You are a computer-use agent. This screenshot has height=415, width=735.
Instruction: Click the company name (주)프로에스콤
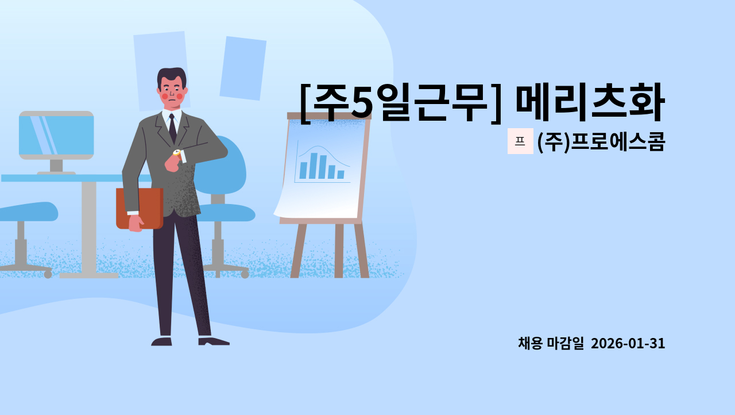pyautogui.click(x=601, y=142)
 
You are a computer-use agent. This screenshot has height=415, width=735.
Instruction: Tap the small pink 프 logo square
pyautogui.click(x=520, y=141)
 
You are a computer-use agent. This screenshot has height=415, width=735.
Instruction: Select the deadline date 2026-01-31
pyautogui.click(x=628, y=344)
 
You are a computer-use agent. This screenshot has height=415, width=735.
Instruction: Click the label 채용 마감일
pyautogui.click(x=551, y=344)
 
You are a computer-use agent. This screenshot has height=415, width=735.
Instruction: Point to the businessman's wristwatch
pyautogui.click(x=177, y=152)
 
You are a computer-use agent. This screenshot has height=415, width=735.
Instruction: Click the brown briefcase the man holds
pyautogui.click(x=140, y=207)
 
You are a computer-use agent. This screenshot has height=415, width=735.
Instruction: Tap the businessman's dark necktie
pyautogui.click(x=172, y=128)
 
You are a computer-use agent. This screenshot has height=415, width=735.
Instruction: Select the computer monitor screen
pyautogui.click(x=56, y=135)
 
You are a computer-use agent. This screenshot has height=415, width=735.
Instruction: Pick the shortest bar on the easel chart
pyautogui.click(x=341, y=174)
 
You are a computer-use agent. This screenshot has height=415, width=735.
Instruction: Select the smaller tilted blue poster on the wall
pyautogui.click(x=243, y=68)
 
